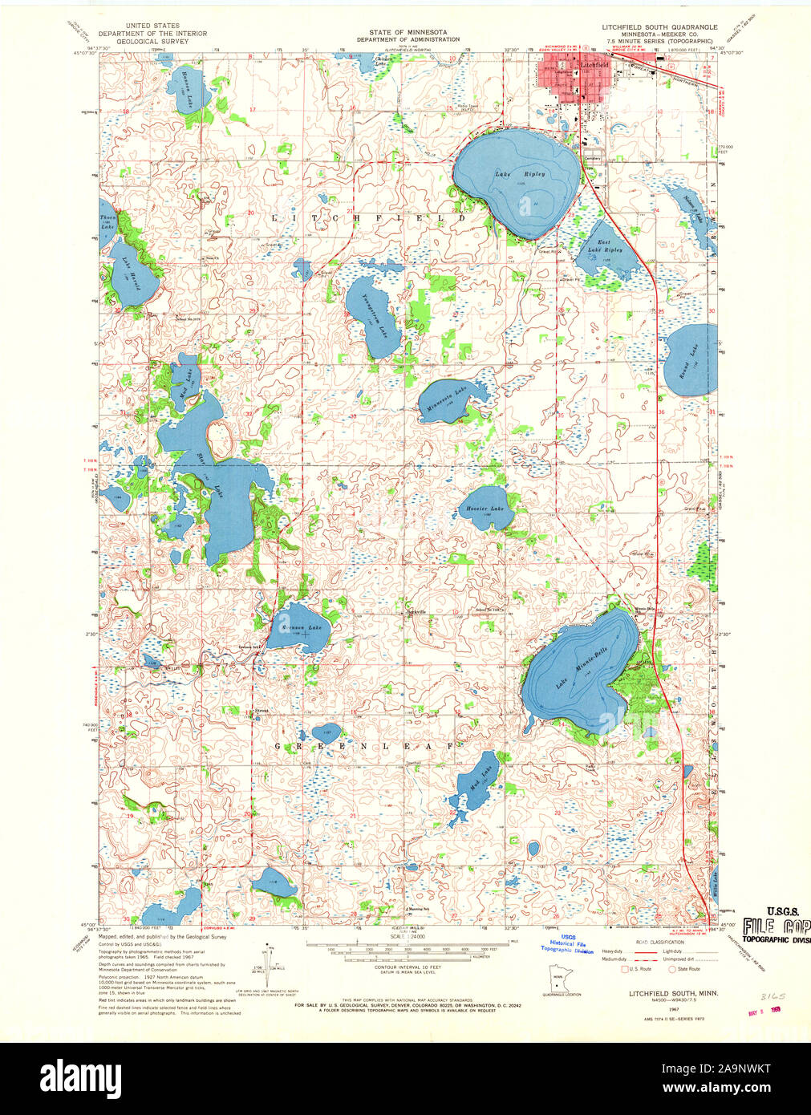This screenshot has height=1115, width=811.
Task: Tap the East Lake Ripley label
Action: pos(604,245)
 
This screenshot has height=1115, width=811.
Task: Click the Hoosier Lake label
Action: pos(485,509)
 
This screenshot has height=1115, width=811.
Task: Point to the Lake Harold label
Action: pos(129,273)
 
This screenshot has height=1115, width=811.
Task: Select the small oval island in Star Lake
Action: pos(220,438)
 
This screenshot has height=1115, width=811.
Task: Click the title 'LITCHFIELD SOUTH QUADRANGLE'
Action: pos(659,26)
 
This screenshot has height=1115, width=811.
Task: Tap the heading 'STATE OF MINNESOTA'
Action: pos(408,31)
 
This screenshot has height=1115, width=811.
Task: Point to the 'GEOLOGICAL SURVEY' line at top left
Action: pos(152,40)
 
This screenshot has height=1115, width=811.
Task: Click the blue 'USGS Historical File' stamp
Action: pos(568,947)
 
